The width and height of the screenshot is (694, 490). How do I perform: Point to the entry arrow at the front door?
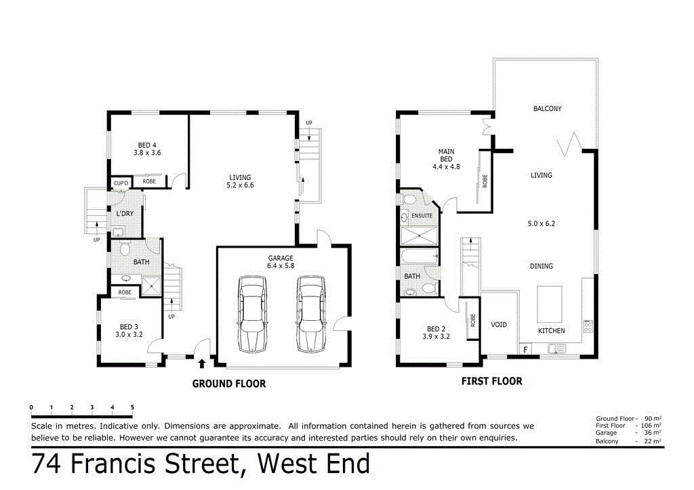click(x=201, y=363)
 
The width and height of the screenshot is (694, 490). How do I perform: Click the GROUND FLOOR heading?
click(x=229, y=384)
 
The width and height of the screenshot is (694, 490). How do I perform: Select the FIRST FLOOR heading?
click(x=491, y=381)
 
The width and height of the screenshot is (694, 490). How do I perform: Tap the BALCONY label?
click(x=547, y=108)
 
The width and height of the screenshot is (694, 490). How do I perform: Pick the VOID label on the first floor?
click(x=499, y=324)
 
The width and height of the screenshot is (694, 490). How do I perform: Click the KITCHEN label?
click(x=551, y=330)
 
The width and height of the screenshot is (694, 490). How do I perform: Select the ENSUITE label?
click(x=422, y=216)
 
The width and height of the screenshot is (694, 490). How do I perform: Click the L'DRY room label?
click(x=125, y=214)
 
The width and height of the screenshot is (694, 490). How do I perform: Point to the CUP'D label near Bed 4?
click(x=121, y=183)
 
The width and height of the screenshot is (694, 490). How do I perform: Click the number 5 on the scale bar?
click(x=132, y=407)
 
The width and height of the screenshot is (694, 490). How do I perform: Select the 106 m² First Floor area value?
click(x=651, y=426)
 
